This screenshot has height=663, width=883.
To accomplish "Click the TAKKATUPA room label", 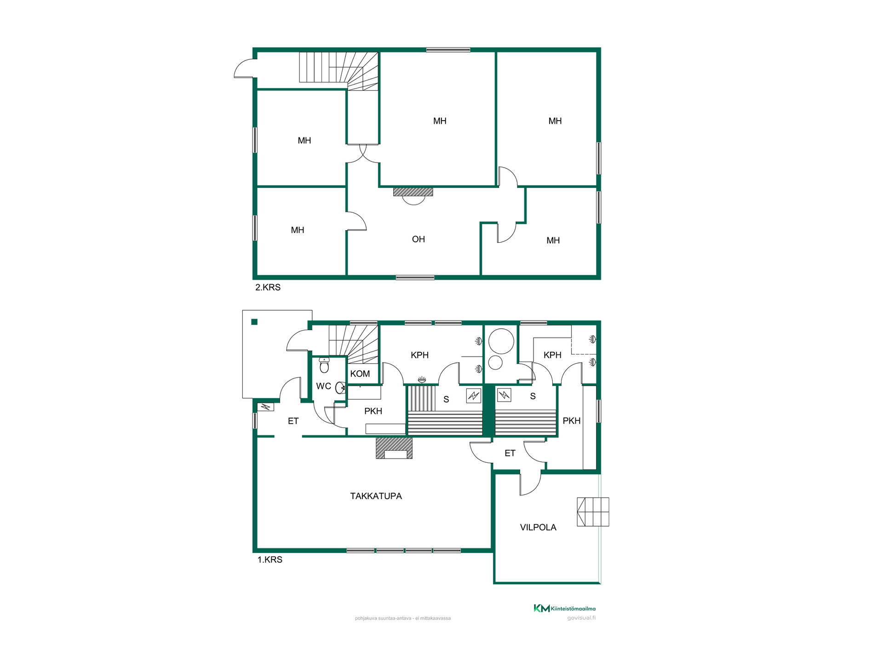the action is click(376, 496).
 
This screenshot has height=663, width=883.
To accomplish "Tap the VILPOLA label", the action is click(538, 527).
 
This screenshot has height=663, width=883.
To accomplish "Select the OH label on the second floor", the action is click(418, 239).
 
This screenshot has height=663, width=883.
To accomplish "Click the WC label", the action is click(323, 386).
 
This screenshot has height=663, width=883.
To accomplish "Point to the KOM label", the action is click(360, 373).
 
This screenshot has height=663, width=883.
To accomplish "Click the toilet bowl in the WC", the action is click(324, 365).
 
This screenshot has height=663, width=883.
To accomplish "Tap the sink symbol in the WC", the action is click(340, 388).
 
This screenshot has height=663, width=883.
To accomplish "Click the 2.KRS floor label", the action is click(268, 287).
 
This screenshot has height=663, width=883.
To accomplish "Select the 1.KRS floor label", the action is click(269, 559).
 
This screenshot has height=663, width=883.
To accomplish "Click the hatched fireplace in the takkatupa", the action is click(394, 448).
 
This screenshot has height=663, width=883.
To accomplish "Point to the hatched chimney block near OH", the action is click(413, 192).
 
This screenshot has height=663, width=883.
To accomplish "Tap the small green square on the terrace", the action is click(254, 322).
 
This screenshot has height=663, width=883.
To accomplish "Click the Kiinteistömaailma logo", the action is click(564, 608).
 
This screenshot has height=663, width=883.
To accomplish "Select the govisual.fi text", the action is click(581, 618).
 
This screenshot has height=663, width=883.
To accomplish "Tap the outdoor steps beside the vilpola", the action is click(593, 512).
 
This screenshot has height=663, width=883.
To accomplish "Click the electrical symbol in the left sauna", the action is click(473, 395).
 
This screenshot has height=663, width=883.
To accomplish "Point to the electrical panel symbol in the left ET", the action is click(265, 407).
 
